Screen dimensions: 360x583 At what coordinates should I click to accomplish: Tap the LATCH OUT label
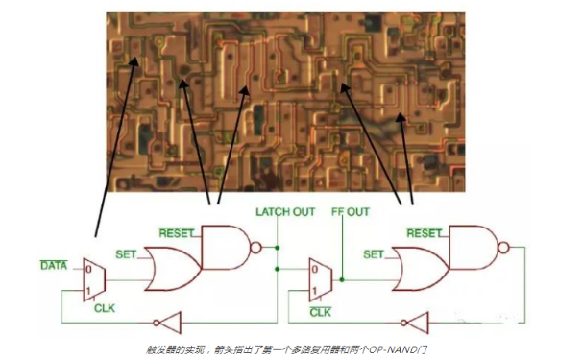[284, 211]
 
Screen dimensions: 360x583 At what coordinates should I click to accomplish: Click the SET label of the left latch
[125, 254]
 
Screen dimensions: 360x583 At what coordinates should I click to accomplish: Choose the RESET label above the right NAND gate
[424, 231]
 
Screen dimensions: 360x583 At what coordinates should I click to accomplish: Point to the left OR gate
[172, 269]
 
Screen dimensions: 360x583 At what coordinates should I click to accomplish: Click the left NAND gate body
[227, 248]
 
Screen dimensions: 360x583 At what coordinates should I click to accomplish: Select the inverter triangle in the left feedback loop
[166, 324]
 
